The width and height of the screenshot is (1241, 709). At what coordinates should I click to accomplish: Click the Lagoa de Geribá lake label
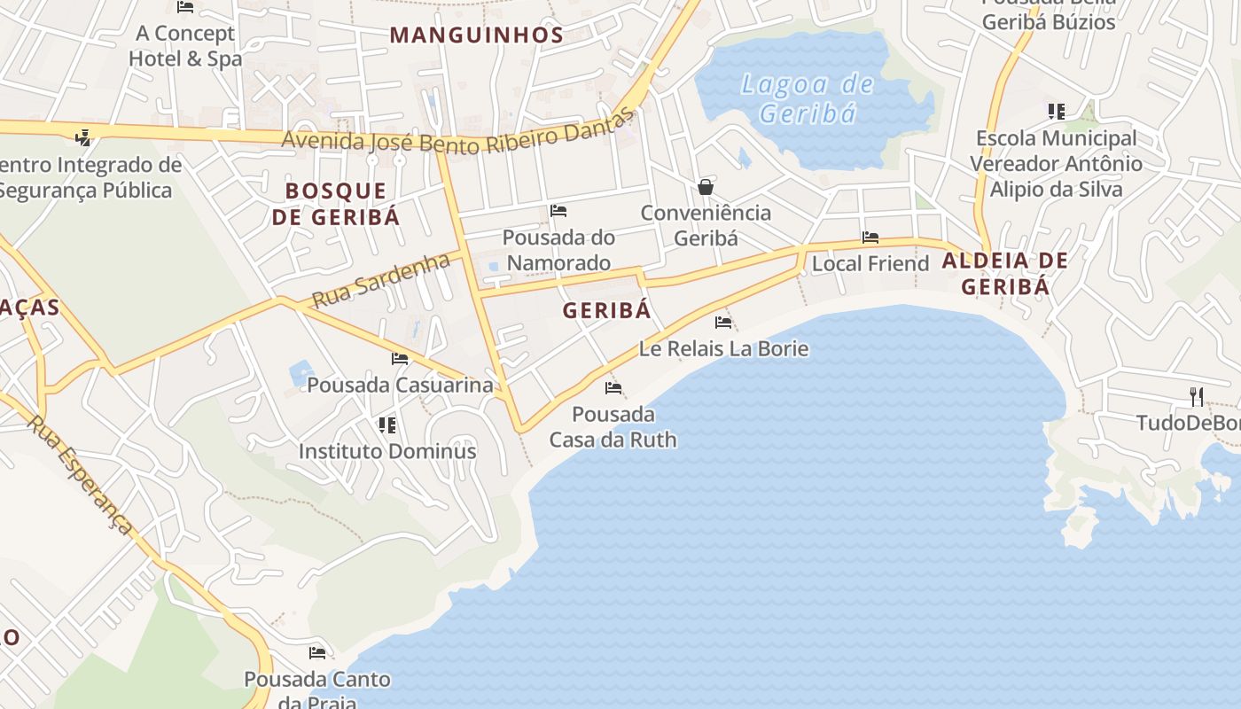coord(808,98)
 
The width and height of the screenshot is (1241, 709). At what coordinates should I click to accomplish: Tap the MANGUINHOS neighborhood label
coord(476,35)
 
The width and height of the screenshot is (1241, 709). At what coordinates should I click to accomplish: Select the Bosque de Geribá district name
coord(336,204)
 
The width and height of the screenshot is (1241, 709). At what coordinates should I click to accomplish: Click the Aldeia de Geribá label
coord(1005,273)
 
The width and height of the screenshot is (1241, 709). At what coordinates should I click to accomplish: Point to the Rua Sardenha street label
coord(381,281)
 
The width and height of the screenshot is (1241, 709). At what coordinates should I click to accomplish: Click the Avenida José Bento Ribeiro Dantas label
coord(459,134)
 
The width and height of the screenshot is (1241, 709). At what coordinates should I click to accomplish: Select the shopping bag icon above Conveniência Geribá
coord(706,186)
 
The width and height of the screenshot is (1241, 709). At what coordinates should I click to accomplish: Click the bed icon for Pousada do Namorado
coord(558,211)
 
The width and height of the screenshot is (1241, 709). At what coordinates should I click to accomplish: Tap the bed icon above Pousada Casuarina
coord(400,359)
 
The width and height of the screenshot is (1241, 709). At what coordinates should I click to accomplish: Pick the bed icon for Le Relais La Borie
coord(723,323)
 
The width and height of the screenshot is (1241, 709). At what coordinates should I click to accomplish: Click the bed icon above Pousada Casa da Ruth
coord(613,388)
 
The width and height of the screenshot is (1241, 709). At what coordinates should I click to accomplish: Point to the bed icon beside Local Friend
coord(870,238)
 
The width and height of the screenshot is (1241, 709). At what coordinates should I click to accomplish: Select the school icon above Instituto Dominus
coord(387,425)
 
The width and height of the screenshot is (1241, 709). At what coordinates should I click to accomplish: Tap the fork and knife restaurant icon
coord(1197,396)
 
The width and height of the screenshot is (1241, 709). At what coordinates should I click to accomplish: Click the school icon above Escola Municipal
coord(1056,112)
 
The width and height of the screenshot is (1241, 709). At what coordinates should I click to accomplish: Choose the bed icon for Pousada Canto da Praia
coord(317,653)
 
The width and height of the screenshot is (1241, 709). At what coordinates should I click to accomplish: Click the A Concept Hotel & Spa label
coord(185,46)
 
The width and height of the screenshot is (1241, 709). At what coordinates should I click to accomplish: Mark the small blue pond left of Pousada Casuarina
coord(300,373)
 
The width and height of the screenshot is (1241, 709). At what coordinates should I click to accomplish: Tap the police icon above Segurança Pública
coord(83,137)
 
